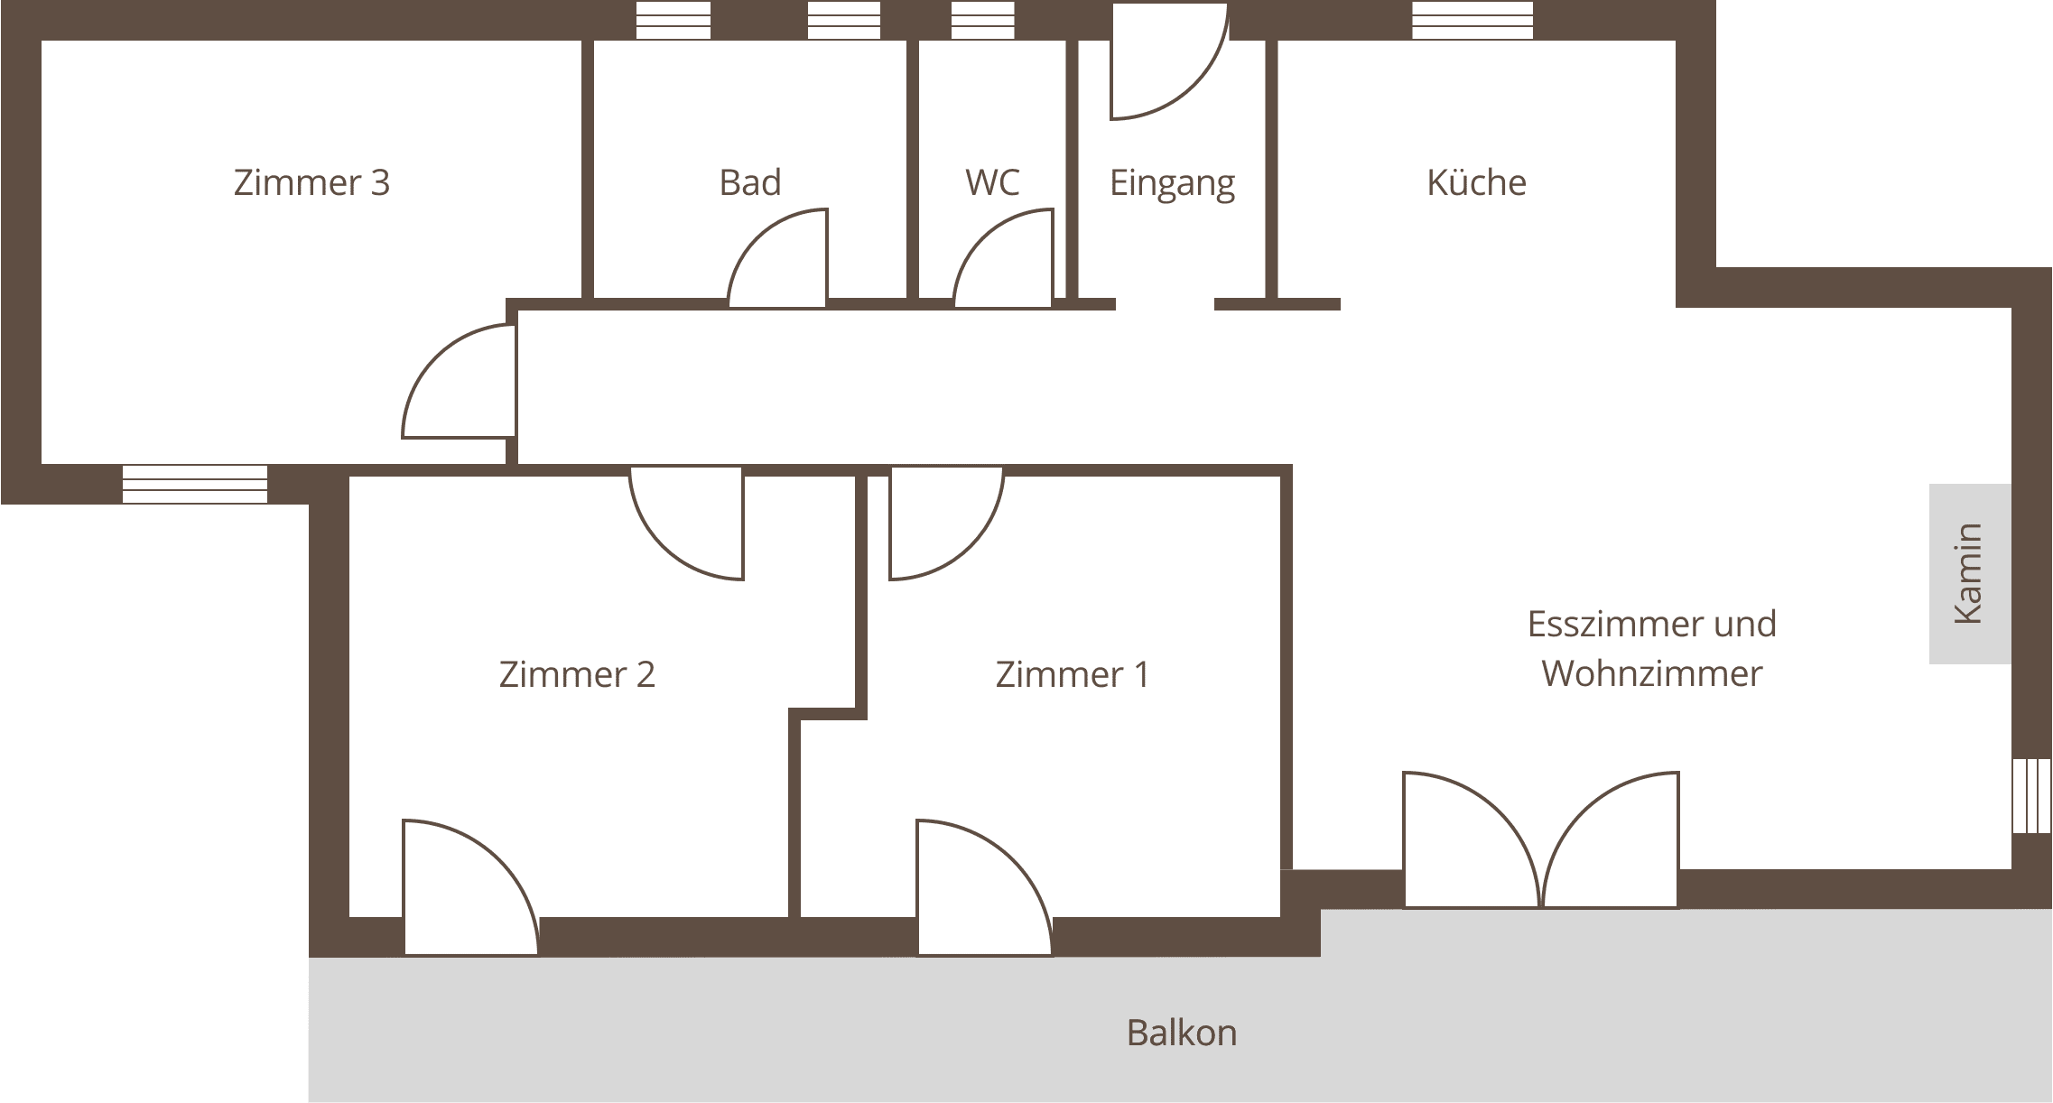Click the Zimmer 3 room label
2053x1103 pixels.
311,182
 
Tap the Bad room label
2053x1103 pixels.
750,182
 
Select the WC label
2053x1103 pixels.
992,182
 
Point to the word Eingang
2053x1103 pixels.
1172,185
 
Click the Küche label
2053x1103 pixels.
1476,182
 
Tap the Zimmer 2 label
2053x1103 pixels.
577,674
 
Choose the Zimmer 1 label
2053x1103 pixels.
1073,674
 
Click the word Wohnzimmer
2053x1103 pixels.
1651,673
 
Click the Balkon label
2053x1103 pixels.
1182,1033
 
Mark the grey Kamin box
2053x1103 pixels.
1970,574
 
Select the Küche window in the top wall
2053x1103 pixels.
1472,20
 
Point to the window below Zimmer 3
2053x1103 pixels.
195,484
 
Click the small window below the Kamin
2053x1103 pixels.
2031,796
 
